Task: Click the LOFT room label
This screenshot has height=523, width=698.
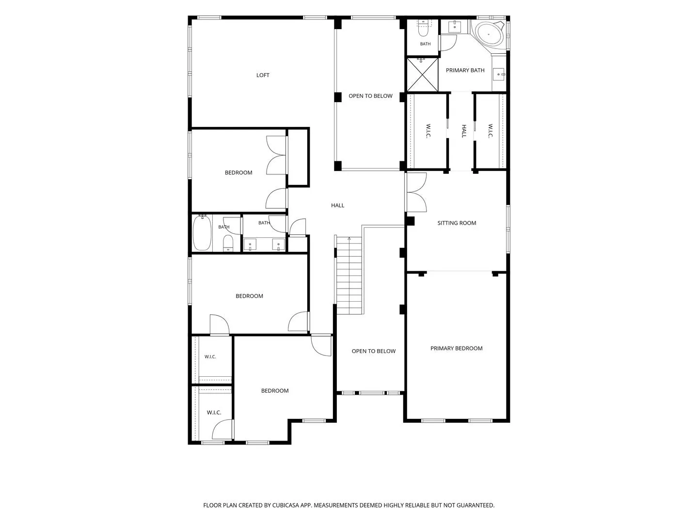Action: [x=263, y=75]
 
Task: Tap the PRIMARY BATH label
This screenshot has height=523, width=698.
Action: [x=465, y=70]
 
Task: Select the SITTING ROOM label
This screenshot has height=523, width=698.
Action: [x=457, y=223]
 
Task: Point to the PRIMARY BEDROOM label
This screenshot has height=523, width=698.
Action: [x=456, y=348]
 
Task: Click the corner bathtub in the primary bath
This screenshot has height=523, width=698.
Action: [x=489, y=34]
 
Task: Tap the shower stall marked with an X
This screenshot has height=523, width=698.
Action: [x=422, y=75]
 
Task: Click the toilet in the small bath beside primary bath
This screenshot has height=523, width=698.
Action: [x=424, y=29]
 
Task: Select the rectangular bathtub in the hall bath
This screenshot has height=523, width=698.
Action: [x=202, y=233]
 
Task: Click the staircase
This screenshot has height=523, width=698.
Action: [x=349, y=276]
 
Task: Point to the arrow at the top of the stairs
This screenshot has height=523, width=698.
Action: [x=349, y=238]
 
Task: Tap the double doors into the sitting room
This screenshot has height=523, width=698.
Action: [x=416, y=192]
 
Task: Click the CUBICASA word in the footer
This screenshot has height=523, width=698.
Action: [x=286, y=505]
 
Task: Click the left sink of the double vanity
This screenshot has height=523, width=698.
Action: [x=250, y=245]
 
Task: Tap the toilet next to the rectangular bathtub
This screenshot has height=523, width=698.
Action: [x=228, y=243]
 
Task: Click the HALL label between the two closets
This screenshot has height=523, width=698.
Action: [x=464, y=131]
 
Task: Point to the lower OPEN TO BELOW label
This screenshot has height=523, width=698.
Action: [x=373, y=351]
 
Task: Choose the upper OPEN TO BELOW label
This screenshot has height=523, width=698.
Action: [x=370, y=96]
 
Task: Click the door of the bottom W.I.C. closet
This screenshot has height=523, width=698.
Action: [x=222, y=430]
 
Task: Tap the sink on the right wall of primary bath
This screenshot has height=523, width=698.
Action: [x=499, y=74]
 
